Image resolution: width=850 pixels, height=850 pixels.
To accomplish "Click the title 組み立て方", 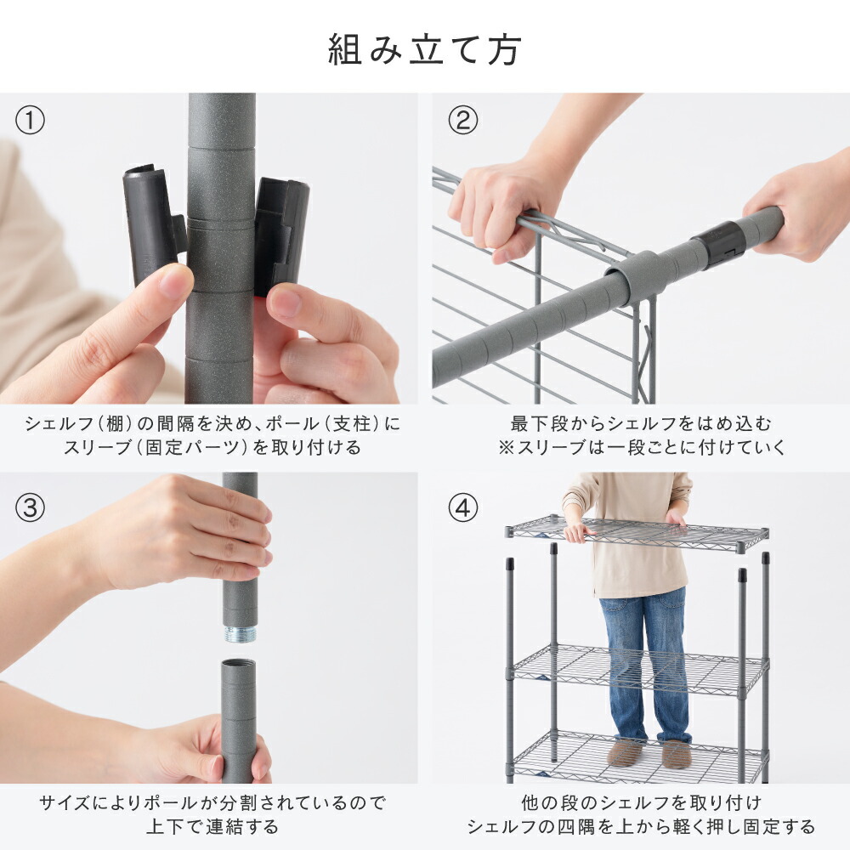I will [x=424, y=50].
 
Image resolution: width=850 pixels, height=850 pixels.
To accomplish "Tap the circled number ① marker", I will [x=31, y=121].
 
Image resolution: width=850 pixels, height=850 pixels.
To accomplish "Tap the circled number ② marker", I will [x=462, y=121].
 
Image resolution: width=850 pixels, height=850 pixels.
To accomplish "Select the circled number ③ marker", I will [x=31, y=508].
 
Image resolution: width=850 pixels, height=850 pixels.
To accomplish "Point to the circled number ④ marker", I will [x=462, y=508].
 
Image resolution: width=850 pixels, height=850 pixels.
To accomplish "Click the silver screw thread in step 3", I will [x=241, y=634].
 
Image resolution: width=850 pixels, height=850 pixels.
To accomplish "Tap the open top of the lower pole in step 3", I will [x=239, y=664].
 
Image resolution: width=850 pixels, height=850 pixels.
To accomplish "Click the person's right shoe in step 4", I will [x=677, y=751].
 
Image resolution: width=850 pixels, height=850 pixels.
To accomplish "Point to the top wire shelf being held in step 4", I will [x=637, y=534].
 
